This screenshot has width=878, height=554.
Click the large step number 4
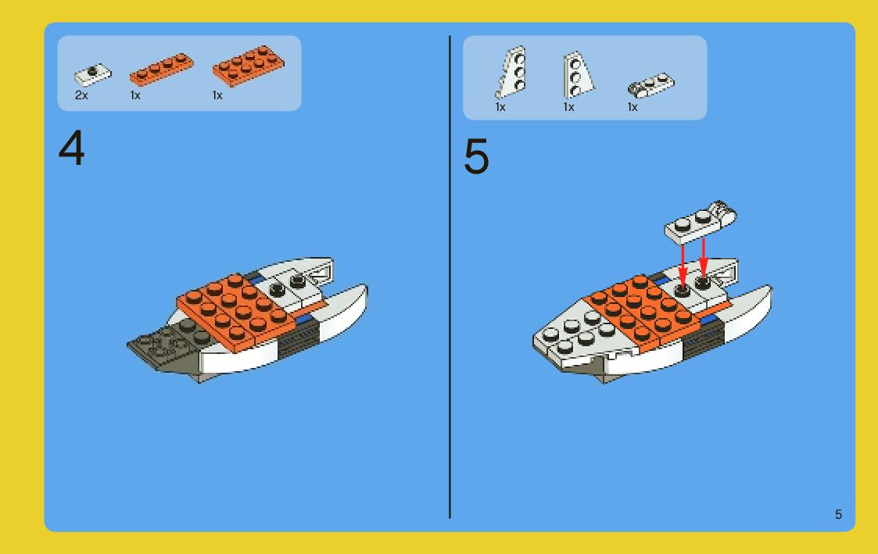(x=72, y=148)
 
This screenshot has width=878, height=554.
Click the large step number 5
(x=476, y=157)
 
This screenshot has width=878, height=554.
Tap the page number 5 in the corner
(x=838, y=514)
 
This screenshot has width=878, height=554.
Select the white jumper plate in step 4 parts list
(x=93, y=74)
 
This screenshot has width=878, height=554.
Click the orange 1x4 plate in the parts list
(x=161, y=70)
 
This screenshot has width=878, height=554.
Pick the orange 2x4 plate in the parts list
(x=248, y=66)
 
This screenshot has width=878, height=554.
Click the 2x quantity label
(x=81, y=95)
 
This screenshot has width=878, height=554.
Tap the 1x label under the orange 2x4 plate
(x=217, y=95)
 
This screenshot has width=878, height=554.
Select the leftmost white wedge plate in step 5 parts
(x=511, y=72)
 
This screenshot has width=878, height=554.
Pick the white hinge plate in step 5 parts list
(x=651, y=85)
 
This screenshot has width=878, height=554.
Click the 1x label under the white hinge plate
(x=633, y=107)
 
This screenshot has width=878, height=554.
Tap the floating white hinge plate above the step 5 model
(x=700, y=223)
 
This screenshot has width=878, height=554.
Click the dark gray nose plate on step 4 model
(x=166, y=344)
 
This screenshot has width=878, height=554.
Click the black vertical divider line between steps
(x=450, y=277)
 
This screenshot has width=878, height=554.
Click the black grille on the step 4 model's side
(x=299, y=337)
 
